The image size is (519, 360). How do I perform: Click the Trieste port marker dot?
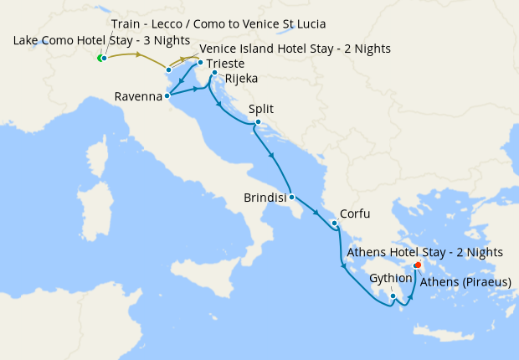200,63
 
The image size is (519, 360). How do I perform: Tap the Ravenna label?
137,96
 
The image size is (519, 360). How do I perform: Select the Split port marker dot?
258,124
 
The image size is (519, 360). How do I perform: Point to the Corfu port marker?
334,223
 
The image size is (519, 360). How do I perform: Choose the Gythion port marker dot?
393,295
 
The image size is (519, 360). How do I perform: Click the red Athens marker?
418,265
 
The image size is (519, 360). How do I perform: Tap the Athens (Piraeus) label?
465,281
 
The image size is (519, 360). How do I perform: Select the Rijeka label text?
239,79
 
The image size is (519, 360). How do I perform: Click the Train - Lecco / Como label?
218,23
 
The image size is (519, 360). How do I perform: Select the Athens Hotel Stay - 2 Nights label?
424,251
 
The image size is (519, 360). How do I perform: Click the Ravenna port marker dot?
167,95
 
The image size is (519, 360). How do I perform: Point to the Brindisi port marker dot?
291,198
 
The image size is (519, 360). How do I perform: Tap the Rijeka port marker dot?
215,73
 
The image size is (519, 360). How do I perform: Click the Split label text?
261,109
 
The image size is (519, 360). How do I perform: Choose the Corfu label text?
354,213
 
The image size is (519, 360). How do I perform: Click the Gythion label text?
391,278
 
